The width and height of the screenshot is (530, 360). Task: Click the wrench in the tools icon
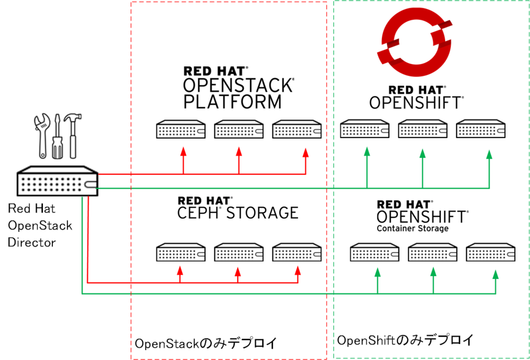(42, 136)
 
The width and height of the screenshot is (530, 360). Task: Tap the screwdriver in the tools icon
(56, 137)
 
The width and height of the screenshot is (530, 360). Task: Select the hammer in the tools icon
(72, 136)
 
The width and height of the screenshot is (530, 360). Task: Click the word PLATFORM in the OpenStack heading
(232, 101)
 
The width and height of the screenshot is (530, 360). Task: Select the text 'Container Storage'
(413, 228)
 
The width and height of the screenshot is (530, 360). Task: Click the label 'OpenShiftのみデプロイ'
(405, 340)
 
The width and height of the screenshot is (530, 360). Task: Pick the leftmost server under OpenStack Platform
(182, 130)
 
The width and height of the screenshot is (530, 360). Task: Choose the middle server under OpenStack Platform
(239, 130)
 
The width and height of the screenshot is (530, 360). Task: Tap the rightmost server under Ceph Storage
(297, 252)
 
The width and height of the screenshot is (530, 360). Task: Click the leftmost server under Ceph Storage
(182, 252)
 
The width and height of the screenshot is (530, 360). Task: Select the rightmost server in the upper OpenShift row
(480, 129)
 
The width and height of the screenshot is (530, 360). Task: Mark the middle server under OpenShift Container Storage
(432, 252)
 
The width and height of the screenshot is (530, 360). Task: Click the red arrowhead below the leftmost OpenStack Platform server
(183, 152)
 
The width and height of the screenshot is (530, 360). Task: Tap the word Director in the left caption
(32, 242)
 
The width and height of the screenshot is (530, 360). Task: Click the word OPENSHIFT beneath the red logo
(416, 102)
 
